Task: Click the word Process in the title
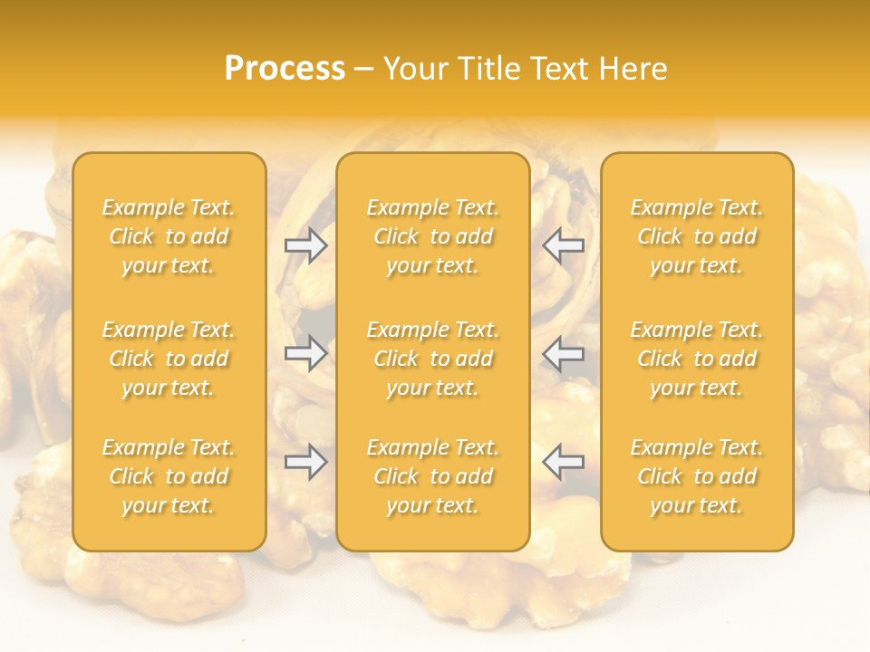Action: tap(285, 69)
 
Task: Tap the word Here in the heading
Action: tap(631, 69)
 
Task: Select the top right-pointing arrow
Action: tap(305, 244)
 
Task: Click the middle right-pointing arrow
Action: tap(305, 353)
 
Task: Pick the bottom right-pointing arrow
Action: tap(305, 462)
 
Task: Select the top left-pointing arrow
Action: tap(564, 244)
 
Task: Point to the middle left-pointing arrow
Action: tap(564, 353)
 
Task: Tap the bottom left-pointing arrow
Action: tap(564, 462)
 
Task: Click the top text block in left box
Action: tap(169, 236)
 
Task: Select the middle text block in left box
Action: tap(169, 359)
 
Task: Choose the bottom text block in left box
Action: tap(169, 476)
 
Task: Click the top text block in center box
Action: tap(432, 236)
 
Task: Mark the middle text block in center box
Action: tap(432, 359)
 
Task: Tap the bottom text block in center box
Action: tap(432, 476)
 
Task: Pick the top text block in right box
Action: tap(697, 236)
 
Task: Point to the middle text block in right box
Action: tap(697, 359)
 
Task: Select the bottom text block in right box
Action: tap(697, 476)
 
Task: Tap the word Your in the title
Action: tap(415, 69)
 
